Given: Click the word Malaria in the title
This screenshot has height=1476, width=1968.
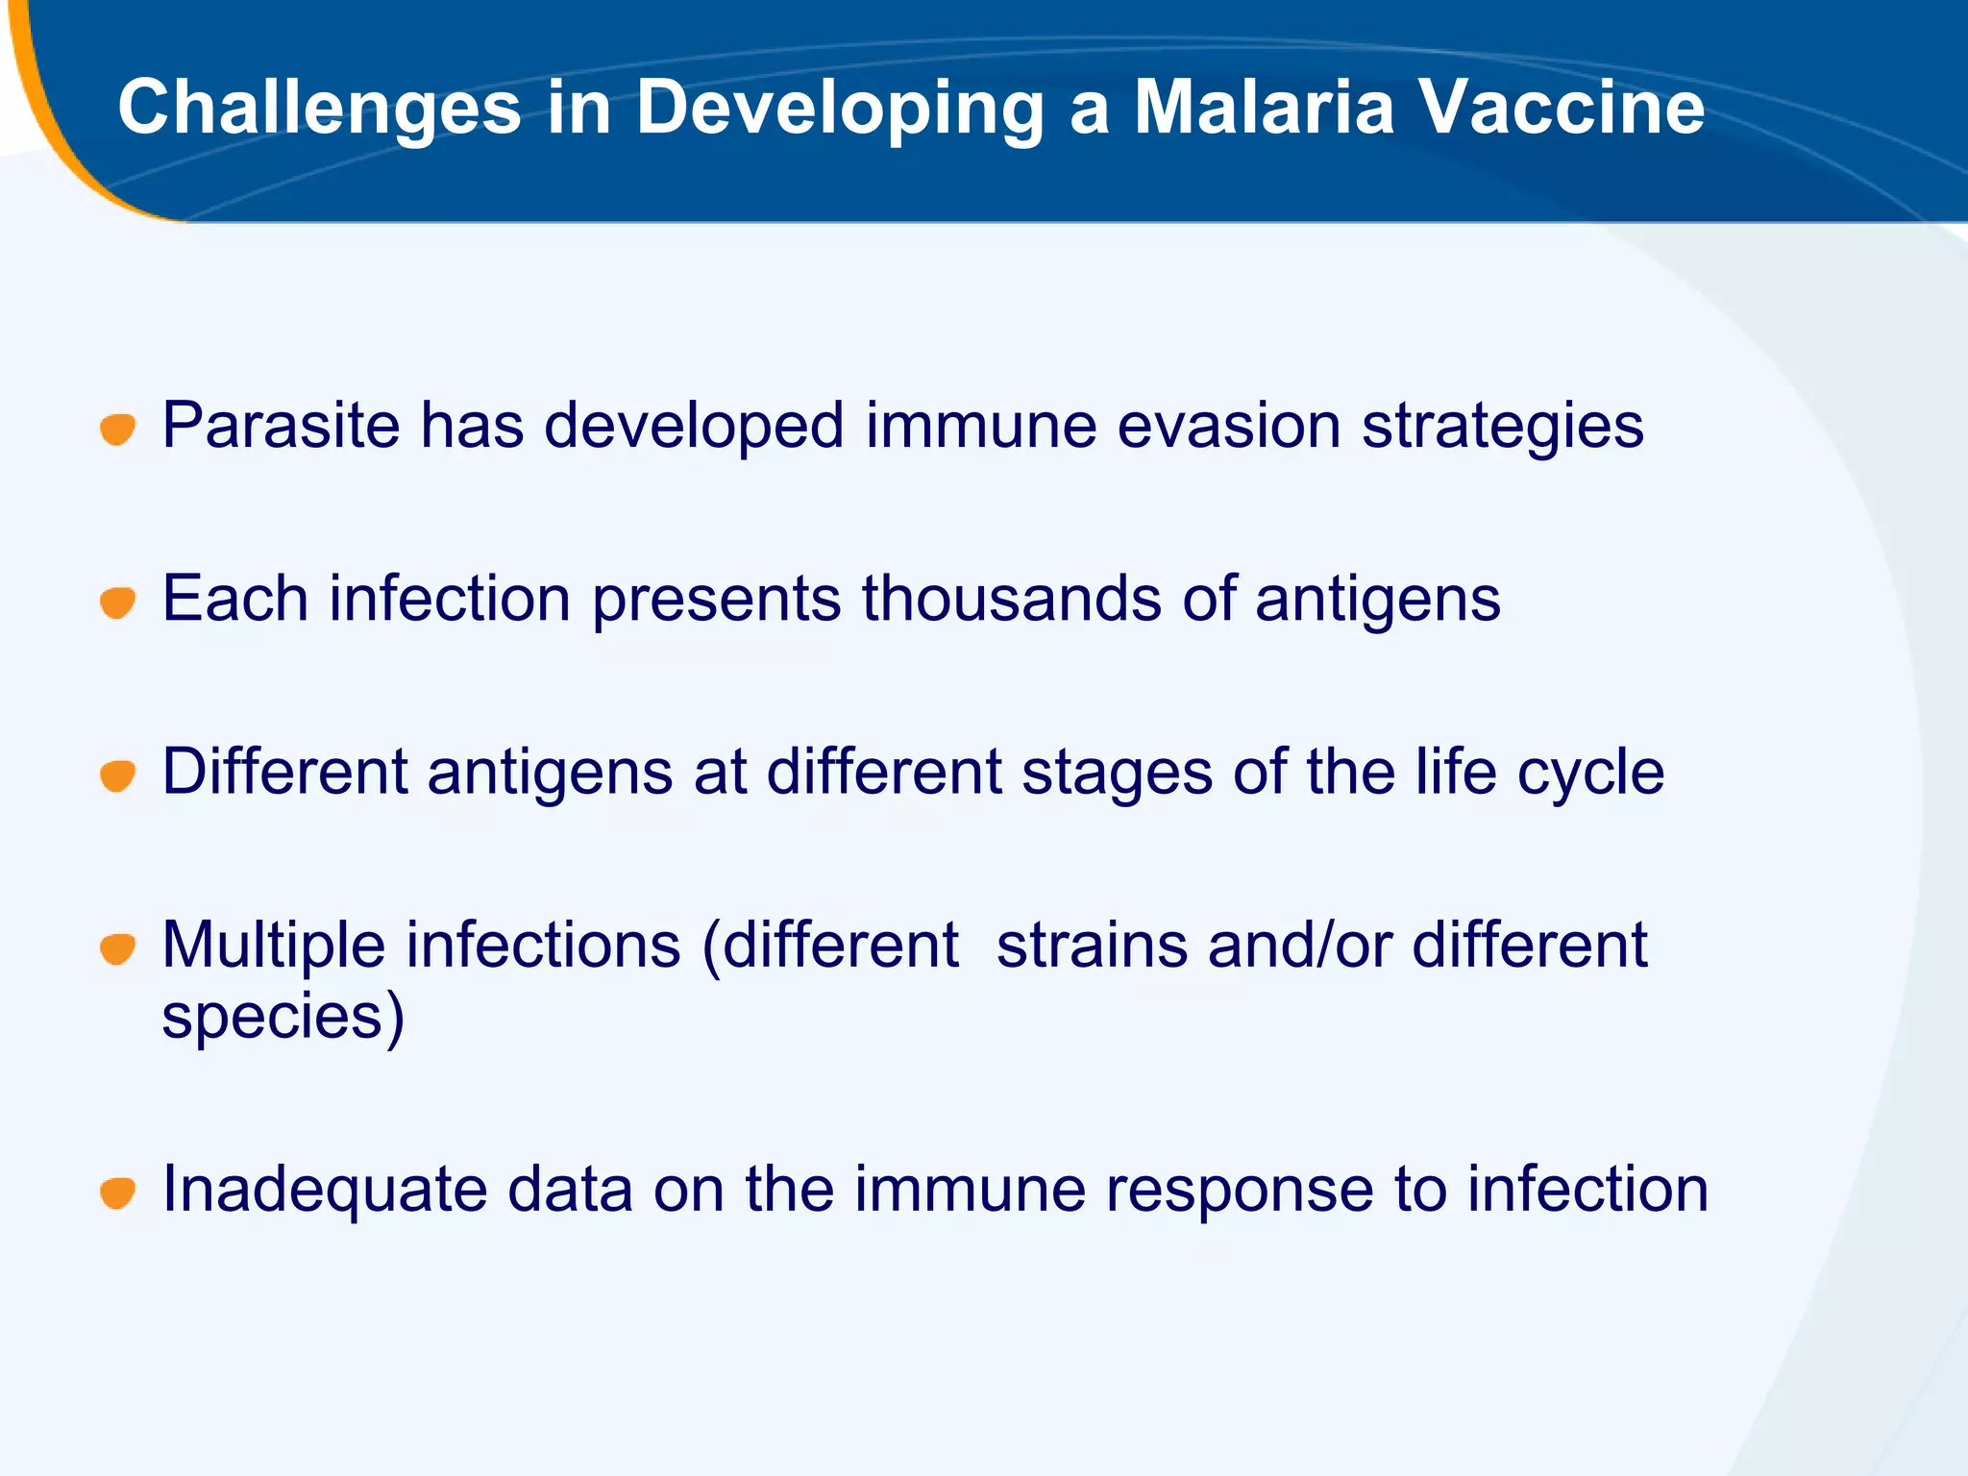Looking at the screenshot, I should [1263, 107].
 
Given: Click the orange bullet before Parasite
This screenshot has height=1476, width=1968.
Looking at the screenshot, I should [118, 429].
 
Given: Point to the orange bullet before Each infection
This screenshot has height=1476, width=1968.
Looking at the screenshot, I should [118, 603].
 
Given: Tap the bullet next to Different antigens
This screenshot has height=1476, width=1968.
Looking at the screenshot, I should [118, 775].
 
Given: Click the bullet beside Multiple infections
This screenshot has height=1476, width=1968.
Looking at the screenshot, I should [118, 948].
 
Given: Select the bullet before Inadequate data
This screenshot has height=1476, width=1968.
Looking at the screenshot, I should [118, 1193].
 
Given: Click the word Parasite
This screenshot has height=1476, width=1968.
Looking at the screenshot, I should [281, 426].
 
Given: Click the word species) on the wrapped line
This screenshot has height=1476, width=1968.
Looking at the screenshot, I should [283, 1019].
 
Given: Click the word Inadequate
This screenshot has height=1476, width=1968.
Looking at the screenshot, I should [324, 1190].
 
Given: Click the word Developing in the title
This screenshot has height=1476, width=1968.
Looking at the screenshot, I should [839, 107].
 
